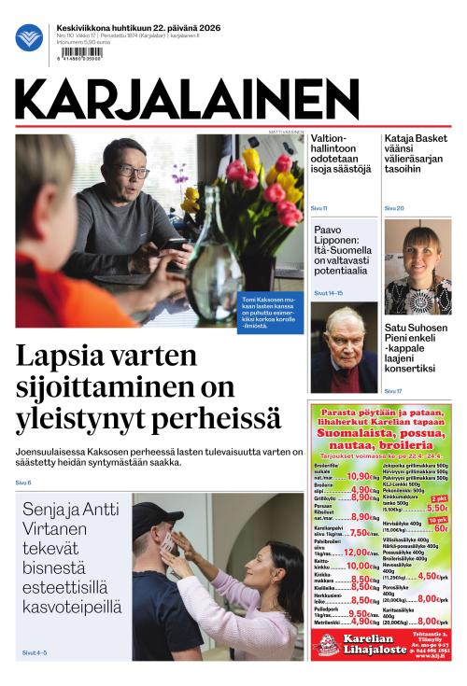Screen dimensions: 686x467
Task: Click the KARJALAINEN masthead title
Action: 187,100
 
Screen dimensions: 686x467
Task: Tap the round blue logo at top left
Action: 29,38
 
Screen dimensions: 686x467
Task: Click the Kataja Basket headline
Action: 416,154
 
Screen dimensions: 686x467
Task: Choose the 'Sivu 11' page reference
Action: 319,208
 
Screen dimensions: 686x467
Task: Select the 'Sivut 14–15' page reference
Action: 328,293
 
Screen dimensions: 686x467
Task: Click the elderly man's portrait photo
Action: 344,346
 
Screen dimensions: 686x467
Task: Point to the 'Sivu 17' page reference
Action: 393,391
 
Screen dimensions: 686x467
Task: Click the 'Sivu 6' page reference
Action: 23,482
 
